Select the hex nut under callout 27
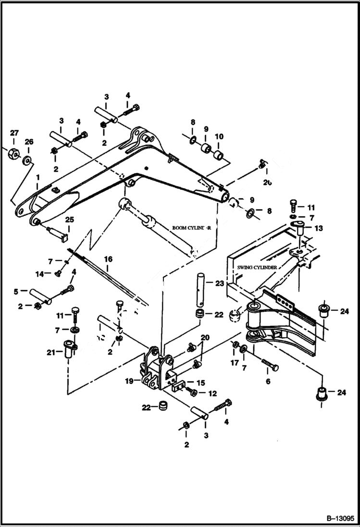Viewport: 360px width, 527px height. (13, 155)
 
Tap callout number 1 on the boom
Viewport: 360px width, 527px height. (37, 178)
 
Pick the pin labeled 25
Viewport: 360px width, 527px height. (60, 235)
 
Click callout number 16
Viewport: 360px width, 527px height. (109, 259)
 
